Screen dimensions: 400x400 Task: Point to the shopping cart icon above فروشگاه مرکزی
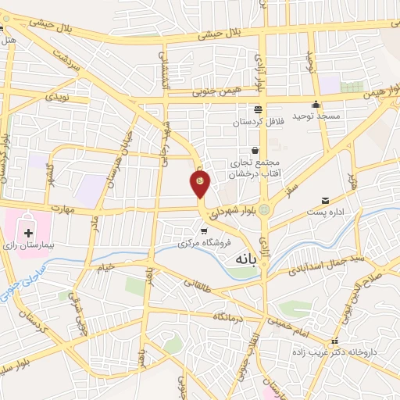pyautogui.click(x=205, y=230)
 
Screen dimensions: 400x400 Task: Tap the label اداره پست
pyautogui.click(x=324, y=212)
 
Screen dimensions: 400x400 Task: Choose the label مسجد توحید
pyautogui.click(x=316, y=116)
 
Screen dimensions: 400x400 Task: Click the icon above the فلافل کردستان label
pyautogui.click(x=257, y=109)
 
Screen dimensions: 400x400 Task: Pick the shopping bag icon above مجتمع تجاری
pyautogui.click(x=255, y=150)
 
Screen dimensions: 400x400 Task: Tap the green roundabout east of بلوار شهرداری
pyautogui.click(x=265, y=210)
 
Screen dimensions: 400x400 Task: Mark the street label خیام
pyautogui.click(x=106, y=266)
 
